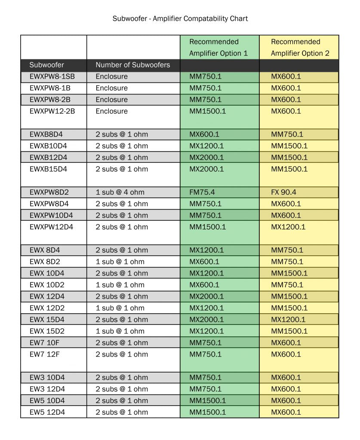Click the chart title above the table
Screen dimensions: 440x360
pyautogui.click(x=180, y=18)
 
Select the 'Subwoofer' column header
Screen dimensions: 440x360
pyautogui.click(x=46, y=65)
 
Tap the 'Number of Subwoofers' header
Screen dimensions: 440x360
pyautogui.click(x=132, y=65)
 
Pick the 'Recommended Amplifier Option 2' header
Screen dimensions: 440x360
pyautogui.click(x=295, y=47)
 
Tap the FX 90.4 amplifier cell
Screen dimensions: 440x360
pyautogui.click(x=286, y=192)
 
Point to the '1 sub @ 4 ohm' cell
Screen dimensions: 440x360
pyautogui.click(x=120, y=192)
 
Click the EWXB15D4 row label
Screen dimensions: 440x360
pyautogui.click(x=48, y=169)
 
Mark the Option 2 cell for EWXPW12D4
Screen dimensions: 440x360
pyautogui.click(x=288, y=227)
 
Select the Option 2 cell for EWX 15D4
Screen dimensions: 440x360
pyautogui.click(x=288, y=319)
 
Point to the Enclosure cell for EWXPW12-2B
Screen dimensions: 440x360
pyautogui.click(x=111, y=111)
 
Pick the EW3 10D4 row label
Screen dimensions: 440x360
pyautogui.click(x=47, y=378)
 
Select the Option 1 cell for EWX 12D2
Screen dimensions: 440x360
pyautogui.click(x=206, y=308)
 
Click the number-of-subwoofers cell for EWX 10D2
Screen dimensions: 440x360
pyautogui.click(x=120, y=285)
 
